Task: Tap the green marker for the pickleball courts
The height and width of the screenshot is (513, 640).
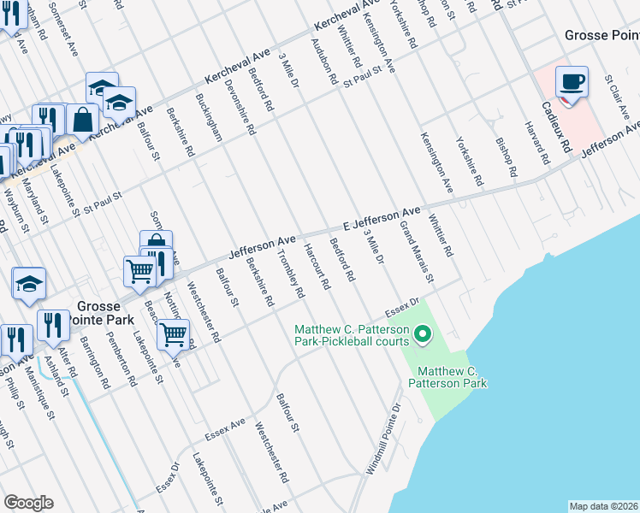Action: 422,334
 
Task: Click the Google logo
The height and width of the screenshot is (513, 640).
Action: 28,503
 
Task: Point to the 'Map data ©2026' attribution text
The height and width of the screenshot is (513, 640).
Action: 603,506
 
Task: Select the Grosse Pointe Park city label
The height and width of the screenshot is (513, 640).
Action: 104,312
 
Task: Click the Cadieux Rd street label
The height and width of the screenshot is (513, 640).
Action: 555,127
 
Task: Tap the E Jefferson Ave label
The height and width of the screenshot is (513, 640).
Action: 382,215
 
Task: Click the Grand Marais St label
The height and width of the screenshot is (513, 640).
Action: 418,254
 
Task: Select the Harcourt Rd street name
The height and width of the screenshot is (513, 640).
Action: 316,267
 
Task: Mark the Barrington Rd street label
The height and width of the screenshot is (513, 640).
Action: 91,359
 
